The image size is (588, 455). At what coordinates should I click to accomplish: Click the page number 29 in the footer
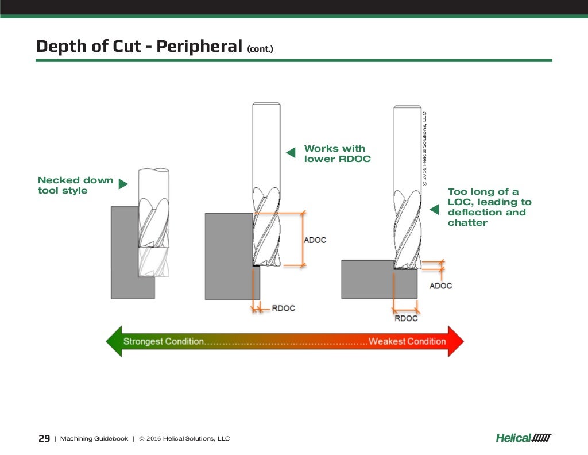pos(44,438)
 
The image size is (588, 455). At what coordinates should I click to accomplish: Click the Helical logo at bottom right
pos(523,438)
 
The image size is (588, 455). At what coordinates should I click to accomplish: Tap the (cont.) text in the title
pos(260,49)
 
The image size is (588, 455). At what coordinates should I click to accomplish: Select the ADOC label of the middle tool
pos(315,240)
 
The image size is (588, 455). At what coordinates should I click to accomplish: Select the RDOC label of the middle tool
pos(283,308)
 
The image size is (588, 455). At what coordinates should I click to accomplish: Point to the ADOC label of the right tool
pos(440,286)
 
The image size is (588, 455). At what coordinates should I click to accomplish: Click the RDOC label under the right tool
pos(406,318)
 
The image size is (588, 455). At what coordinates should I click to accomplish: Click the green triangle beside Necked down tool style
pos(123,184)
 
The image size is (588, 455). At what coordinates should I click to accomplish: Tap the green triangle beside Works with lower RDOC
pos(291,152)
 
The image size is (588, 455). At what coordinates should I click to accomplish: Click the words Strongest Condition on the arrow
pos(164,341)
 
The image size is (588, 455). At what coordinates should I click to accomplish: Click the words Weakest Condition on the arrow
pos(407,341)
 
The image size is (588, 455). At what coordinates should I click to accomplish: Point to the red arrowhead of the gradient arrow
pos(456,341)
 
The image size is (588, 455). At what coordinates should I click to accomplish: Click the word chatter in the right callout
pos(467,223)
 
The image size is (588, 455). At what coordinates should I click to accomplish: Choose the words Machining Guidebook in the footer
pos(94,439)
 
